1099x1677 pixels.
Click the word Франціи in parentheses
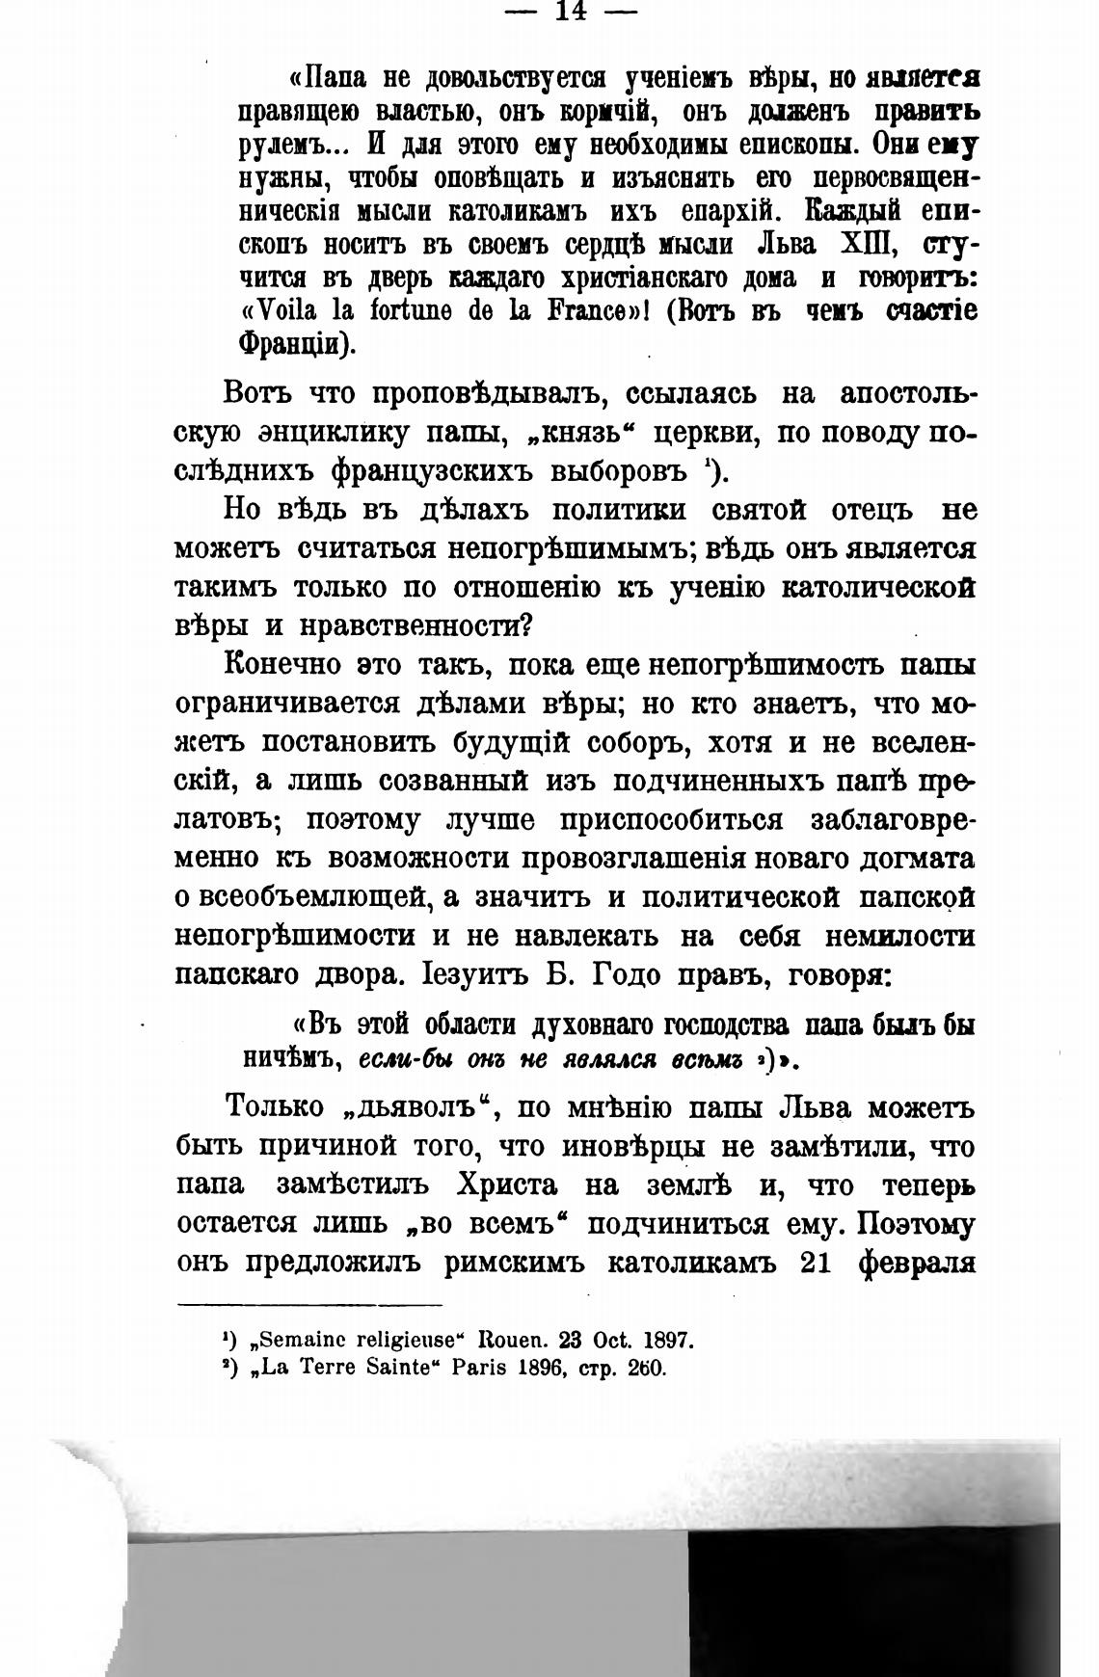coord(296,345)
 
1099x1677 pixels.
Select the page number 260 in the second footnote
coord(646,1368)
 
